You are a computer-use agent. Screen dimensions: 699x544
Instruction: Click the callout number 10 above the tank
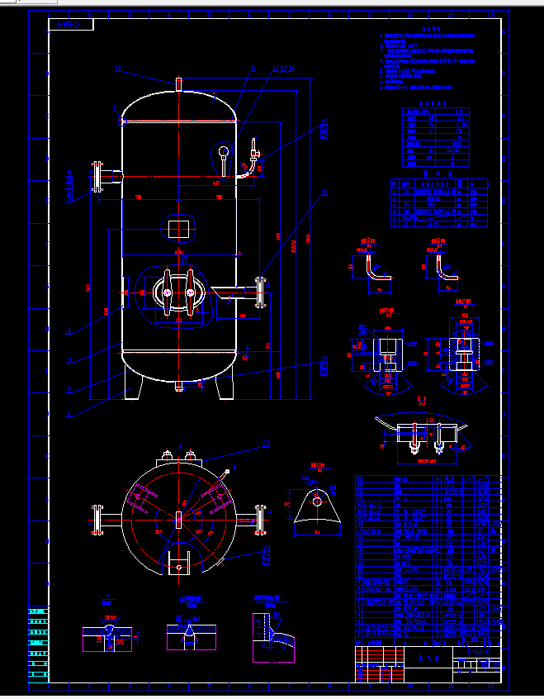click(x=119, y=69)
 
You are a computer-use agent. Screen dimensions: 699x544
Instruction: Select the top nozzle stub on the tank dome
click(x=177, y=83)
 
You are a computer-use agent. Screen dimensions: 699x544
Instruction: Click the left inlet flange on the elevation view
click(x=97, y=177)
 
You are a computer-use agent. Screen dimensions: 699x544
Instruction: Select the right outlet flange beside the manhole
click(x=261, y=291)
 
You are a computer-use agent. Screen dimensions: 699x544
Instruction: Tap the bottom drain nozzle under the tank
click(x=178, y=386)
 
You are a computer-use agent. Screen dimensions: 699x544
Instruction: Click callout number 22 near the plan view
click(x=267, y=444)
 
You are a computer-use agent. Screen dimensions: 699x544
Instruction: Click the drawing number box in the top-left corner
click(x=71, y=25)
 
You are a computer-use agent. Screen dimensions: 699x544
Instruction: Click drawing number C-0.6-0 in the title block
click(x=483, y=652)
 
